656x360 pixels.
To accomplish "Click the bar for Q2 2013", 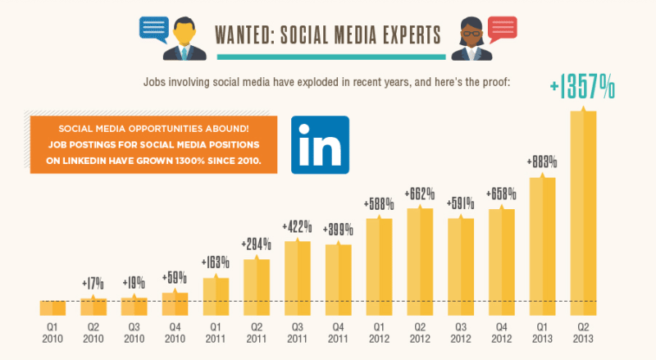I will pyautogui.click(x=583, y=213).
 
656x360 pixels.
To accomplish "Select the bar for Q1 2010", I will pyautogui.click(x=52, y=308).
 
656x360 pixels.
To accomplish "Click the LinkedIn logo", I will pyautogui.click(x=320, y=144).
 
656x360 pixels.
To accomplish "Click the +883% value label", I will pyautogui.click(x=542, y=162).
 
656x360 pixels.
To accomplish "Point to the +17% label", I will pyautogui.click(x=93, y=284).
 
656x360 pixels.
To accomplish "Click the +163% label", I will pyautogui.click(x=215, y=264).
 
